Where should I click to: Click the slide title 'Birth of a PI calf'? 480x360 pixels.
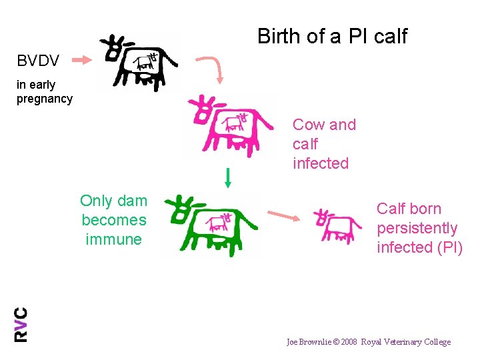(x=332, y=36)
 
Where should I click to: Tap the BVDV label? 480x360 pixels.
(x=38, y=61)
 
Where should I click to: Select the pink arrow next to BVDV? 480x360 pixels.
(x=81, y=61)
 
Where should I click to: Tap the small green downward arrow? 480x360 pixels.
(x=227, y=177)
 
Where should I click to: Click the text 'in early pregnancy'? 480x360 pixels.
(x=44, y=92)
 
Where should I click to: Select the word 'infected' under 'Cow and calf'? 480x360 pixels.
(x=321, y=163)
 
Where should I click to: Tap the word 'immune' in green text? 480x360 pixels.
(x=113, y=239)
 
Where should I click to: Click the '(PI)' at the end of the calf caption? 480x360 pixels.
(x=448, y=247)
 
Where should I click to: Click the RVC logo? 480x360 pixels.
(x=21, y=324)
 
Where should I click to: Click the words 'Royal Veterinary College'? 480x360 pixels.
(x=406, y=342)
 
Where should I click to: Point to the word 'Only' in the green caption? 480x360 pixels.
(x=95, y=201)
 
